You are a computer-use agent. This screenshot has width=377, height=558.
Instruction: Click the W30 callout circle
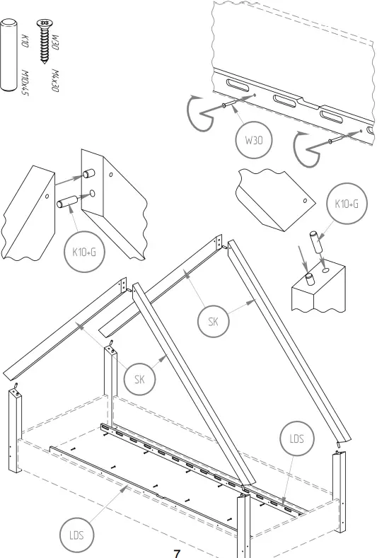pyautogui.click(x=254, y=140)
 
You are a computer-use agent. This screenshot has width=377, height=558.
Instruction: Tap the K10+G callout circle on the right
pyautogui.click(x=346, y=205)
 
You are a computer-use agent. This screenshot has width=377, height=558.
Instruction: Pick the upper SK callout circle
pyautogui.click(x=213, y=322)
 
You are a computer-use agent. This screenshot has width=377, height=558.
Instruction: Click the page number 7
pyautogui.click(x=178, y=552)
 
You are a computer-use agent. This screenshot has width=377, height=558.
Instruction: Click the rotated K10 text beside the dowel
pyautogui.click(x=25, y=40)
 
